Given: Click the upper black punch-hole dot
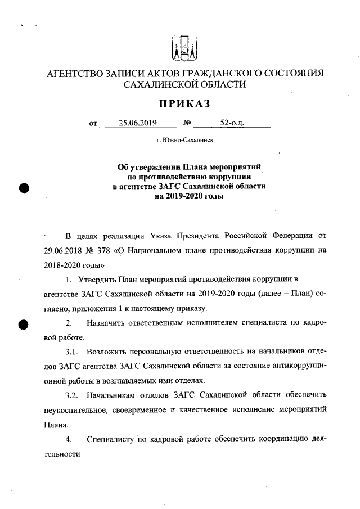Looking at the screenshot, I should click(24, 188).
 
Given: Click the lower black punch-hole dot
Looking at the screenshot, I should click(24, 325).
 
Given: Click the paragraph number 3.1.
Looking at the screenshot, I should click(71, 352).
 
